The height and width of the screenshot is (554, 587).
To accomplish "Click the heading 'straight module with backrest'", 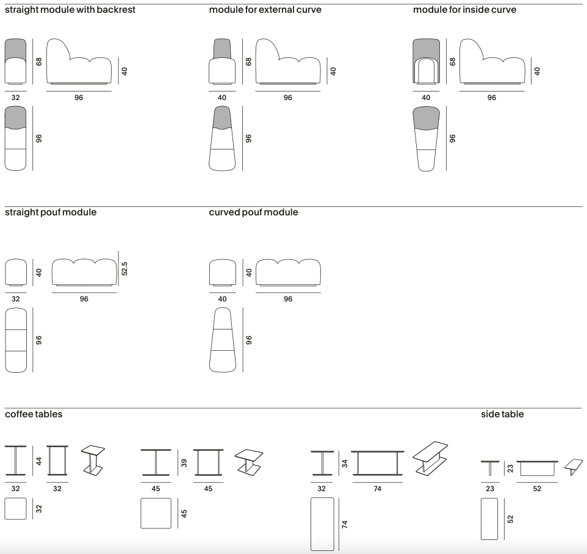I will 70,10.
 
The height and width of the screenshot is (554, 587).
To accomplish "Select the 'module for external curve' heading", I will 265,10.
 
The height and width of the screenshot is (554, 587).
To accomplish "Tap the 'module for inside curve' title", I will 464,10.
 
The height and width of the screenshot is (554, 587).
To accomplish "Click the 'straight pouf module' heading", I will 51,212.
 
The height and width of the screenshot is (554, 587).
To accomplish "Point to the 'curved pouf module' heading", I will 253,212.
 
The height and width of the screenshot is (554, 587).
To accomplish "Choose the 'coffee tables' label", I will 34,414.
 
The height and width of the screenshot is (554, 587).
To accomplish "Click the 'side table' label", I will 502,414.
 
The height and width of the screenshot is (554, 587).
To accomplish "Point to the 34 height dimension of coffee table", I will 344,463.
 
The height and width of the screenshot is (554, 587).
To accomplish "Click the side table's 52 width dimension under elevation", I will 537,489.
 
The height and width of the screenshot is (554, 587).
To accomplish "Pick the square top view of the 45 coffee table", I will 156,514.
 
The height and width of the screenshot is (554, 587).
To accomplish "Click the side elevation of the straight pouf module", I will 84,272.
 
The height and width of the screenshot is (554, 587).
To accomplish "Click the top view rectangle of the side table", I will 489,519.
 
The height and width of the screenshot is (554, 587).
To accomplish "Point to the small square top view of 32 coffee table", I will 15,508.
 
